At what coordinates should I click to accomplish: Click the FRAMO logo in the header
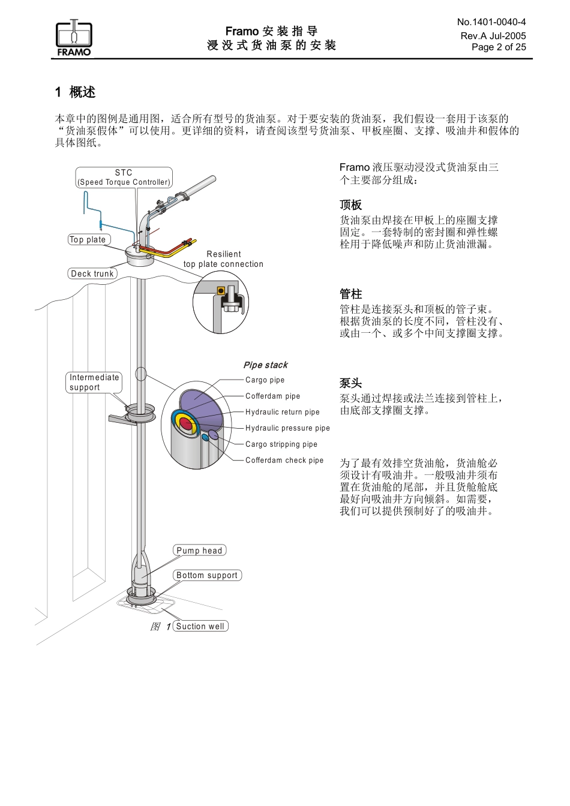click(74, 37)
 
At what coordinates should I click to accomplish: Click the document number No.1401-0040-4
click(491, 22)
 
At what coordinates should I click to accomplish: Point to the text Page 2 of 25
click(499, 47)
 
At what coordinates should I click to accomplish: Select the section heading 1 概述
click(75, 92)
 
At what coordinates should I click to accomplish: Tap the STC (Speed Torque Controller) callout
click(124, 178)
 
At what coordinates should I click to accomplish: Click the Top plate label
click(89, 239)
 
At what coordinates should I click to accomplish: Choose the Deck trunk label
click(92, 273)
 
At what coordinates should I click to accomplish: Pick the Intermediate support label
click(94, 382)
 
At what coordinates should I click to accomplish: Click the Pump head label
click(199, 550)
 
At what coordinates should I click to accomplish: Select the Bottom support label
click(206, 575)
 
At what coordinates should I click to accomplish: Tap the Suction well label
click(200, 626)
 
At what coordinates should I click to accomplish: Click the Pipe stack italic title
click(265, 365)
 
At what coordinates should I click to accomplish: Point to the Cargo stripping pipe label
click(281, 444)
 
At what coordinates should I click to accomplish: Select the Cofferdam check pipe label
click(284, 460)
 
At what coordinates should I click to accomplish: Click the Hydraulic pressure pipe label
click(287, 428)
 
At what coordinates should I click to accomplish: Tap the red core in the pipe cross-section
click(186, 423)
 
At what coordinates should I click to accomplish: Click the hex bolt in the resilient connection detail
click(229, 306)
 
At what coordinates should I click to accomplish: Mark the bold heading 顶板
click(351, 204)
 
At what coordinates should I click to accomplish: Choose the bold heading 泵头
click(351, 383)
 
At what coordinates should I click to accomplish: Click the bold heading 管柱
click(351, 294)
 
